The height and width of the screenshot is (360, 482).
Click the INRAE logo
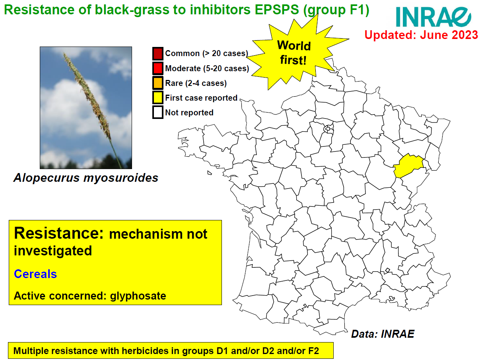[433, 17]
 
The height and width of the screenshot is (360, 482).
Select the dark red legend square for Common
[157, 53]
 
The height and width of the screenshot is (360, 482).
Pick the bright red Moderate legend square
[157, 68]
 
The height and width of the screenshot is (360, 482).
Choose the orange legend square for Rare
[157, 83]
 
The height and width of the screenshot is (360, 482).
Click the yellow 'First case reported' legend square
[157, 98]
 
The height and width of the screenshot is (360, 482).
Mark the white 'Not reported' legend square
[157, 113]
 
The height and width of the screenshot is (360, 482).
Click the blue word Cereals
[35, 274]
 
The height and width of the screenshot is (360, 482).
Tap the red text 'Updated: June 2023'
[421, 35]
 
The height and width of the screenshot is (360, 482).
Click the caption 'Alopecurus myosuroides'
[86, 178]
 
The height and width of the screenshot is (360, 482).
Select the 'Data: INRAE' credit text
[383, 334]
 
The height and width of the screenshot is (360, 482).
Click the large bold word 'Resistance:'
[58, 233]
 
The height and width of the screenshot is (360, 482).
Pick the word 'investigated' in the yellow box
[53, 251]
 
